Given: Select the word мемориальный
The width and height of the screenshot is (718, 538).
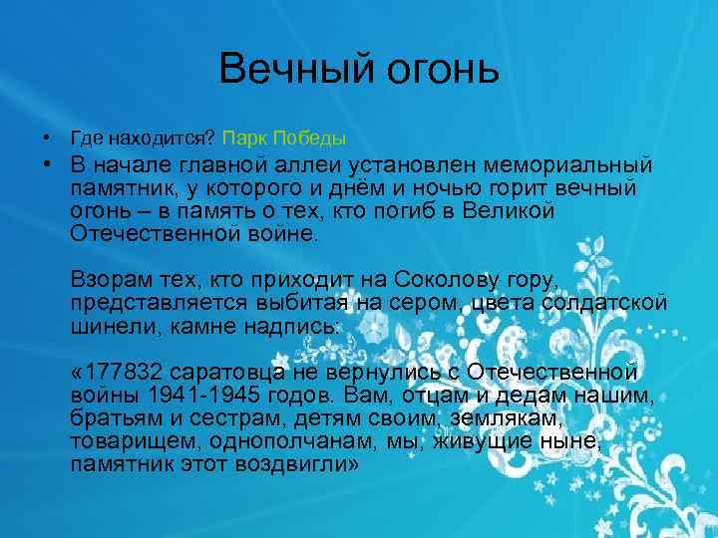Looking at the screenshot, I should click(x=576, y=163).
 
